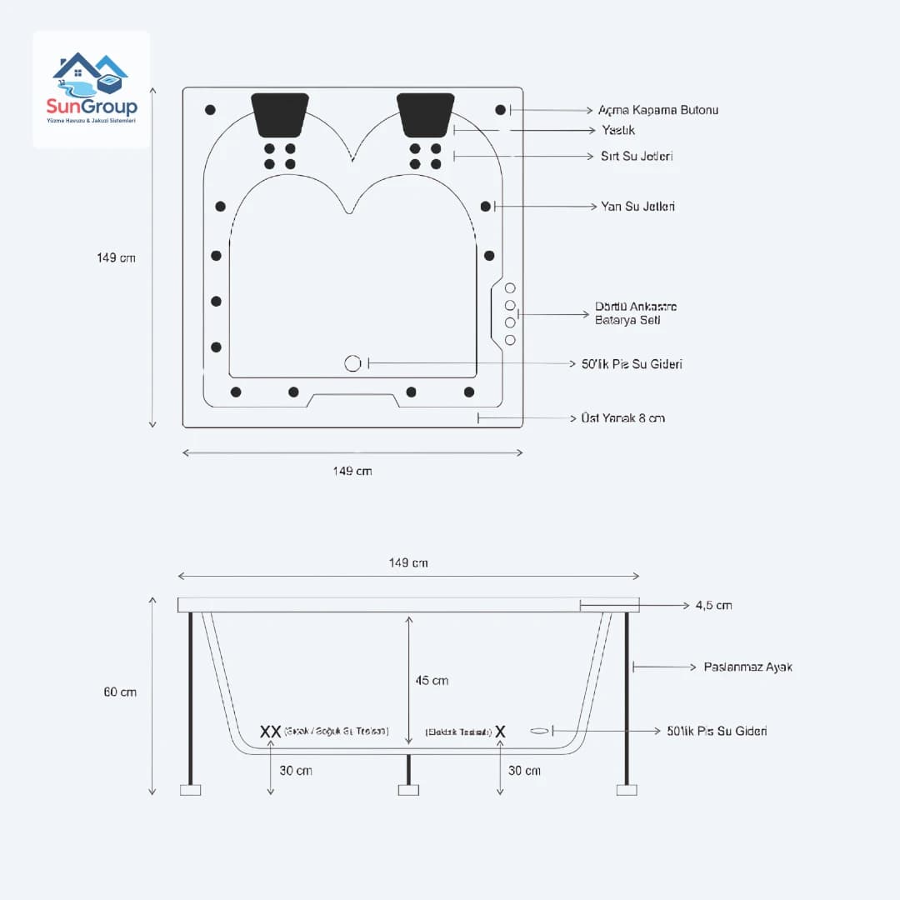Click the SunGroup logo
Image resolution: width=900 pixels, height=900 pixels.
pyautogui.click(x=92, y=88)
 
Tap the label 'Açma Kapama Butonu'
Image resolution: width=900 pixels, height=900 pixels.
pyautogui.click(x=657, y=110)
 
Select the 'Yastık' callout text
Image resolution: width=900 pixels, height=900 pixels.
pyautogui.click(x=618, y=131)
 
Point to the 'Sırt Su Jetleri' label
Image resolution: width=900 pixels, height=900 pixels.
pyautogui.click(x=637, y=157)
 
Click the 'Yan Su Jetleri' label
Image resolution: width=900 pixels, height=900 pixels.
pyautogui.click(x=637, y=206)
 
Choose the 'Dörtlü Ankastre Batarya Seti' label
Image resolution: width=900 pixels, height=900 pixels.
pyautogui.click(x=635, y=313)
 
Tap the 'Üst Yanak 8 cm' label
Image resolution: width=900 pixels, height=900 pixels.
pyautogui.click(x=622, y=417)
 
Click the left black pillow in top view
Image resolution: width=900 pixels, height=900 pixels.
pyautogui.click(x=280, y=114)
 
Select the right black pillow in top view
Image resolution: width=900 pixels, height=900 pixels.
pyautogui.click(x=426, y=114)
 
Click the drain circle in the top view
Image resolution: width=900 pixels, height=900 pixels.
pyautogui.click(x=352, y=363)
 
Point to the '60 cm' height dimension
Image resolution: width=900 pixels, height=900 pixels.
pyautogui.click(x=120, y=692)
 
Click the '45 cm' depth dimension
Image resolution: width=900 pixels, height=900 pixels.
pyautogui.click(x=432, y=680)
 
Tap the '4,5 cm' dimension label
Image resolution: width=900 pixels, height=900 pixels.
pyautogui.click(x=713, y=605)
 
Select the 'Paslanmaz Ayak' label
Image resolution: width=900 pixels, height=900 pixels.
pyautogui.click(x=747, y=667)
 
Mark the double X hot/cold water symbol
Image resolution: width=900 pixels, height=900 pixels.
pyautogui.click(x=270, y=731)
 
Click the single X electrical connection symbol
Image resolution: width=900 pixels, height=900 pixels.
pyautogui.click(x=500, y=731)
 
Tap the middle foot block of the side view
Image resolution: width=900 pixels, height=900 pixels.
pyautogui.click(x=408, y=789)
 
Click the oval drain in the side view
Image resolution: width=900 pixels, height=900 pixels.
pyautogui.click(x=540, y=731)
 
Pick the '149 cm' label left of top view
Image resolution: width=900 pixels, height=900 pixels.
pyautogui.click(x=116, y=257)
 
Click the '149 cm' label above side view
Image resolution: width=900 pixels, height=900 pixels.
pyautogui.click(x=408, y=562)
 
